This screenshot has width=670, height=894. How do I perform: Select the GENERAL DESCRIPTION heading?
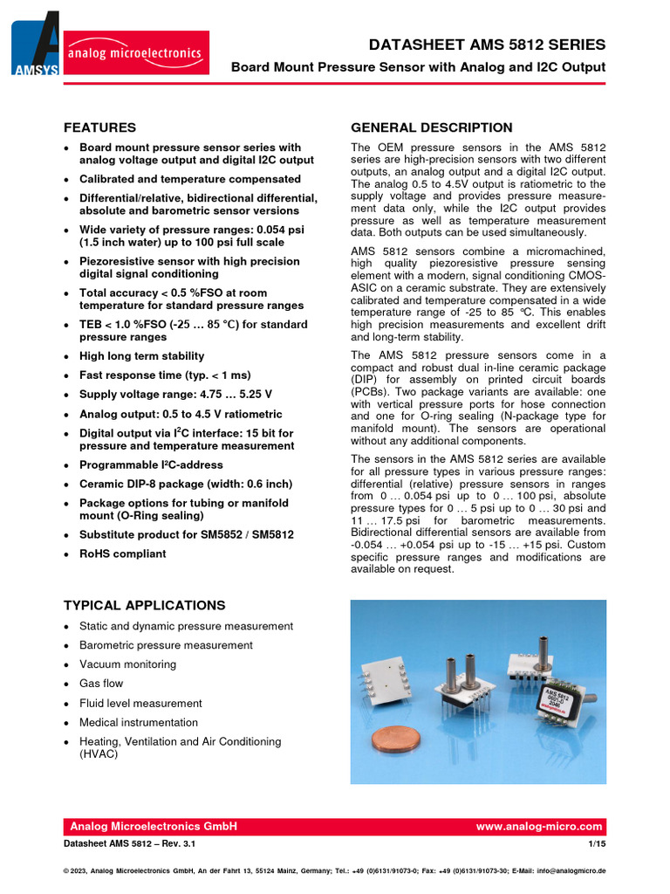431,127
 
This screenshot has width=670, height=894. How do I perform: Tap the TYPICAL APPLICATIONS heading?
144,605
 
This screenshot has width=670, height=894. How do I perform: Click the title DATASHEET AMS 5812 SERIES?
487,45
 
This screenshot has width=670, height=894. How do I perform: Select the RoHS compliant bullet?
122,554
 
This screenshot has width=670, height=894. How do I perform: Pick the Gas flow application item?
101,684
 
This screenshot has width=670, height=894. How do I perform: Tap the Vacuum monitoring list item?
127,664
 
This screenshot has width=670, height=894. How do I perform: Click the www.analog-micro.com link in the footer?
539,827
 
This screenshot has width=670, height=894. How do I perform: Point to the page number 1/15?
598,845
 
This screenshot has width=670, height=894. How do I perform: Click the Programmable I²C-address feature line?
151,464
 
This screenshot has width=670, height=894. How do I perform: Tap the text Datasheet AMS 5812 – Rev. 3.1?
130,845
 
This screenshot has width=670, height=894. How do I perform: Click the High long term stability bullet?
141,356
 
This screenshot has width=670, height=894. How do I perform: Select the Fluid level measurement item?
140,703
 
